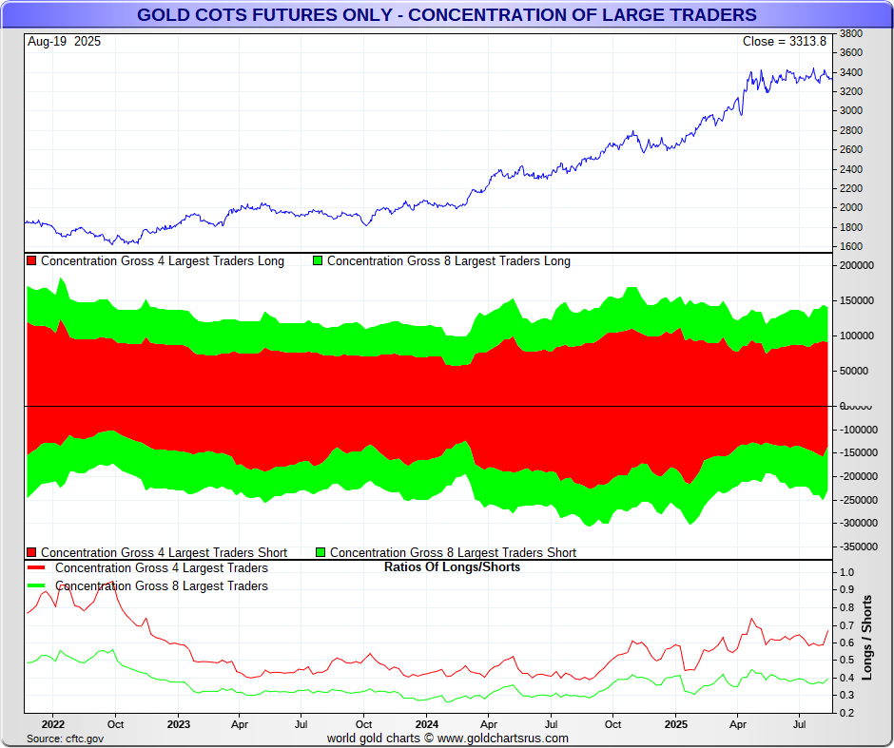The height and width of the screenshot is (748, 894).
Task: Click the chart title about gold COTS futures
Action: pyautogui.click(x=446, y=14)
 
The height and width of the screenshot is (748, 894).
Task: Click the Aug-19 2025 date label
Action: pyautogui.click(x=65, y=42)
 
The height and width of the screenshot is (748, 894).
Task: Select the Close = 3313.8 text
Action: pyautogui.click(x=785, y=42)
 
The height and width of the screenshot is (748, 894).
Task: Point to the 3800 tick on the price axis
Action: pyautogui.click(x=851, y=33)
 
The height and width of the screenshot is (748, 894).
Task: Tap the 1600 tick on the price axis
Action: pyautogui.click(x=851, y=247)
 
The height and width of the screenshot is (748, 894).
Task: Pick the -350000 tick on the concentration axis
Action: pyautogui.click(x=856, y=547)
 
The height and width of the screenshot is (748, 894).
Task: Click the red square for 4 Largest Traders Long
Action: pyautogui.click(x=32, y=261)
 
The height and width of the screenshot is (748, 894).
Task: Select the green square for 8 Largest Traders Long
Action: pyautogui.click(x=319, y=261)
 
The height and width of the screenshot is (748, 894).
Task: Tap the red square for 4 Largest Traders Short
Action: pyautogui.click(x=32, y=552)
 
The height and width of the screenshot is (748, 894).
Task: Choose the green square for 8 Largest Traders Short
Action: pyautogui.click(x=321, y=552)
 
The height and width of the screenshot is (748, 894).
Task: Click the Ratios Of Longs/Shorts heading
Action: pyautogui.click(x=452, y=567)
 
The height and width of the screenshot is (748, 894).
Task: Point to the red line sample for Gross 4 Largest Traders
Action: pyautogui.click(x=37, y=568)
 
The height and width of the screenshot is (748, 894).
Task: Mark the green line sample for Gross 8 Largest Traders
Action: pyautogui.click(x=37, y=586)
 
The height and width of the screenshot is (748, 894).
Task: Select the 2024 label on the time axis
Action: pyautogui.click(x=426, y=724)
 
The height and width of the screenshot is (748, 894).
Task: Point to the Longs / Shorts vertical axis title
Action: pyautogui.click(x=867, y=638)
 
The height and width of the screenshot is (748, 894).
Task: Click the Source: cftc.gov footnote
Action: pyautogui.click(x=64, y=738)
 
